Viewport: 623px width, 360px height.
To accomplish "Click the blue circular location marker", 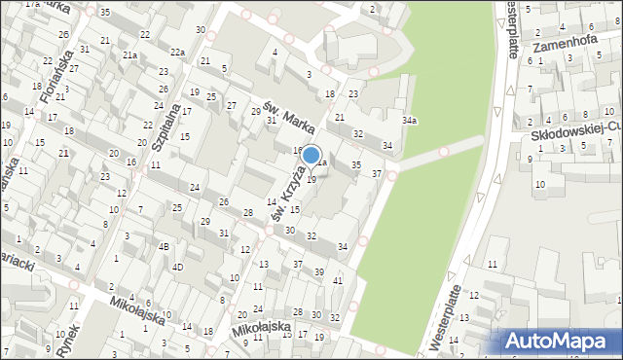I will pos(311,155).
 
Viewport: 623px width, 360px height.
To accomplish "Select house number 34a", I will pos(410,121).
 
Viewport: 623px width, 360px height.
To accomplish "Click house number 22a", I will pos(177,53).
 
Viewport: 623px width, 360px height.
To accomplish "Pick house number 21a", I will pos(129,55).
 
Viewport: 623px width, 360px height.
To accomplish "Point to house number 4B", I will pos(165,246).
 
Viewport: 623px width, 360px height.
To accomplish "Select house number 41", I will pos(338,281).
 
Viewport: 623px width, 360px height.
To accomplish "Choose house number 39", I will pos(319,271).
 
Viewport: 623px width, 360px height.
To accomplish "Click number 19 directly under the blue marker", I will pos(311,180).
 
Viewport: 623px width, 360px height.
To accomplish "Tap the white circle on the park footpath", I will pos(444,151).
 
